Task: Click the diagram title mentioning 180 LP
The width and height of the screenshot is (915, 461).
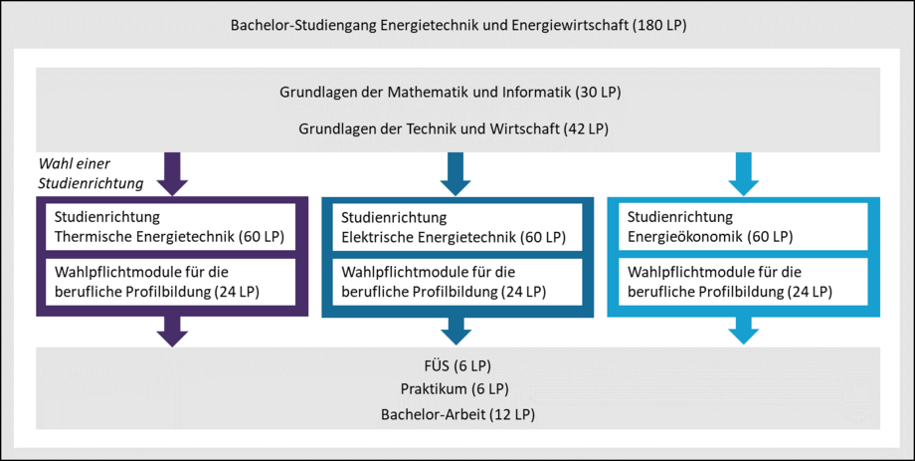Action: click(x=458, y=26)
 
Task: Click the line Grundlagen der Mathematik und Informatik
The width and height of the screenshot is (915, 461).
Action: click(x=450, y=93)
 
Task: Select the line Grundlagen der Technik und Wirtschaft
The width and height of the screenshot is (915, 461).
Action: click(x=454, y=129)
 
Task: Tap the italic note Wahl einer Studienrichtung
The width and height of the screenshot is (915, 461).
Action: click(x=91, y=173)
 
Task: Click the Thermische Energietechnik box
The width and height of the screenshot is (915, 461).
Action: click(x=171, y=227)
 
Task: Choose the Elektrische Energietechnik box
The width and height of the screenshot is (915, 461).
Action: click(x=457, y=227)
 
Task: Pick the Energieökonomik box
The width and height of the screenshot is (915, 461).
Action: click(x=744, y=227)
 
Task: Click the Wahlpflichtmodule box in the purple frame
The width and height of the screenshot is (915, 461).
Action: click(x=171, y=282)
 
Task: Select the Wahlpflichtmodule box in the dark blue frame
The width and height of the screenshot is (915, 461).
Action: click(x=457, y=282)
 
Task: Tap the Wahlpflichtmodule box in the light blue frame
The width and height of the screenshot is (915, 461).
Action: click(x=744, y=282)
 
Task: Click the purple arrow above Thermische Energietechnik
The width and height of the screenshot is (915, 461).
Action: click(x=173, y=173)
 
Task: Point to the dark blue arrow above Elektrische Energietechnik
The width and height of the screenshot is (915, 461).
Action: click(x=456, y=173)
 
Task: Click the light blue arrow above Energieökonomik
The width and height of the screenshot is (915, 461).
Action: click(x=744, y=173)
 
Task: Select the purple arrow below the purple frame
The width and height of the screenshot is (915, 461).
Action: click(x=173, y=332)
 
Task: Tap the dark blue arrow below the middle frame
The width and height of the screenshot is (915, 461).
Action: click(x=456, y=332)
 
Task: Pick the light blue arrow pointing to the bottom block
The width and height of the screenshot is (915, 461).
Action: click(x=744, y=332)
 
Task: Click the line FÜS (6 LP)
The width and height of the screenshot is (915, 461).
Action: click(x=457, y=365)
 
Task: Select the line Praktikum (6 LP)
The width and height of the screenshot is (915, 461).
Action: click(x=455, y=389)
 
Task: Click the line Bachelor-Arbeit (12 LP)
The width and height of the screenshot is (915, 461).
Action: click(x=458, y=415)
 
